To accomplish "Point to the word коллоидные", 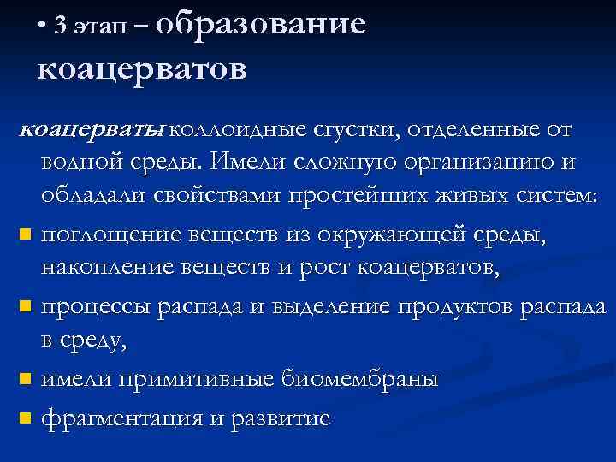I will click(237, 131).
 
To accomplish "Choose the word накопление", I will click(109, 268).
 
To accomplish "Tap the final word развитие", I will click(282, 418).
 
